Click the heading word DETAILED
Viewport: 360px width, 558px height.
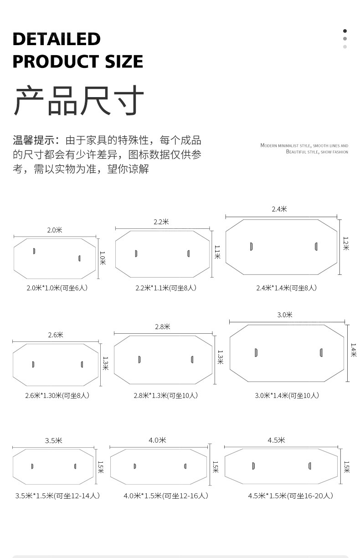tap(57, 39)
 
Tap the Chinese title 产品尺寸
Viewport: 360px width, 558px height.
tap(78, 101)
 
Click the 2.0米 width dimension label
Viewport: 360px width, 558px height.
tap(55, 230)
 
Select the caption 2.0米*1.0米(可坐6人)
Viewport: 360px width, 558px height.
tap(57, 288)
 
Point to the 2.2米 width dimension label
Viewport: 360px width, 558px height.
tap(161, 222)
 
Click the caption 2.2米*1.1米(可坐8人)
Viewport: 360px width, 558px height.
tap(166, 288)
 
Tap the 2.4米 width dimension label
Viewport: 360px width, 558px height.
tap(279, 209)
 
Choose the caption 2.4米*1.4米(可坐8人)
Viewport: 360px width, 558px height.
tap(286, 288)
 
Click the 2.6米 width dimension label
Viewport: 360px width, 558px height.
tap(56, 335)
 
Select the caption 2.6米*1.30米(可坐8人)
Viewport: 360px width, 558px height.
tap(57, 395)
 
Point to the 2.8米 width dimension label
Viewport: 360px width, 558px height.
tap(162, 327)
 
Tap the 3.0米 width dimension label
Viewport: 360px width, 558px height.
tap(285, 315)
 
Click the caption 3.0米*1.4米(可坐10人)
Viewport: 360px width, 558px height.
tap(287, 395)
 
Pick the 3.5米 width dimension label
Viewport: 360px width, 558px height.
tap(53, 440)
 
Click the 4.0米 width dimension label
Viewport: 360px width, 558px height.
tap(157, 440)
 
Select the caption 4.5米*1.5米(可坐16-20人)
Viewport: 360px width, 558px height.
tap(290, 496)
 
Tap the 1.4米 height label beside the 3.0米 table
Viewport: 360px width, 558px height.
tap(353, 350)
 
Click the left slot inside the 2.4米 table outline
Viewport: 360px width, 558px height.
tap(251, 247)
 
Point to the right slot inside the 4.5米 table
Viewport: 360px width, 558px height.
tap(310, 465)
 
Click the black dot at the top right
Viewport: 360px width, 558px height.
tap(345, 31)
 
